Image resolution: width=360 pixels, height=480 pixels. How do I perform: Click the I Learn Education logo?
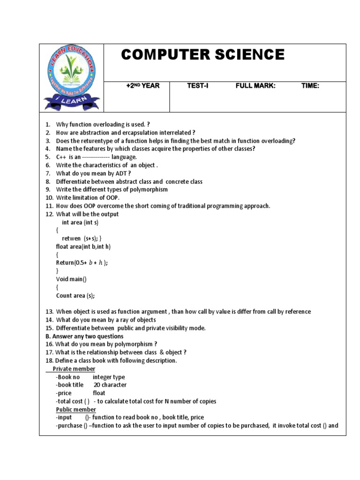point(71,78)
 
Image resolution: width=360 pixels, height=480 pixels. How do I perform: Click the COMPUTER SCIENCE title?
point(202,55)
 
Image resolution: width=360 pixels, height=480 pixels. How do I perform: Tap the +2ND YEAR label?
point(143,86)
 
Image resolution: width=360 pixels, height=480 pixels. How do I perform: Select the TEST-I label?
point(197,86)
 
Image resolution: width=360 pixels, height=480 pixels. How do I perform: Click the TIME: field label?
point(310,86)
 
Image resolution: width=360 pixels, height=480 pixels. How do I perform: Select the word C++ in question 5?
point(62,157)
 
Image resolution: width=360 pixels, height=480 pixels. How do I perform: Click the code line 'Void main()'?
point(71,279)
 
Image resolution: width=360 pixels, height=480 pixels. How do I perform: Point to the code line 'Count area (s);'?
point(75,295)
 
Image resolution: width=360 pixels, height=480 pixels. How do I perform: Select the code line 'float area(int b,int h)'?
point(83,247)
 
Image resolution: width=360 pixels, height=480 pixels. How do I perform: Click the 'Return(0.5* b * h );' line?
point(82,263)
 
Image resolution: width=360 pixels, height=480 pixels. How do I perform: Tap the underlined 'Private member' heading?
point(74,369)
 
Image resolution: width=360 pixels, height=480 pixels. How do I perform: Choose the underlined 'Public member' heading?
point(76,409)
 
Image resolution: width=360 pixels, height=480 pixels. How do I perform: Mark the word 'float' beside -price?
point(99,393)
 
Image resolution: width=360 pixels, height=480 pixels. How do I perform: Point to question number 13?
point(50,312)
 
